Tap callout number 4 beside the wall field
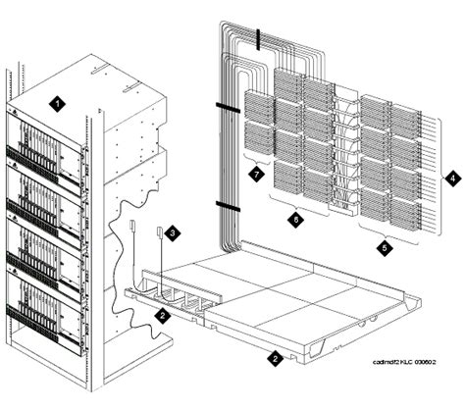452,179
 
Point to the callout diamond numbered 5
385,249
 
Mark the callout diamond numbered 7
255,173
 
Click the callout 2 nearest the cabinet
160,315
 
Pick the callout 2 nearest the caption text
277,359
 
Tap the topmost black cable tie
259,40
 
